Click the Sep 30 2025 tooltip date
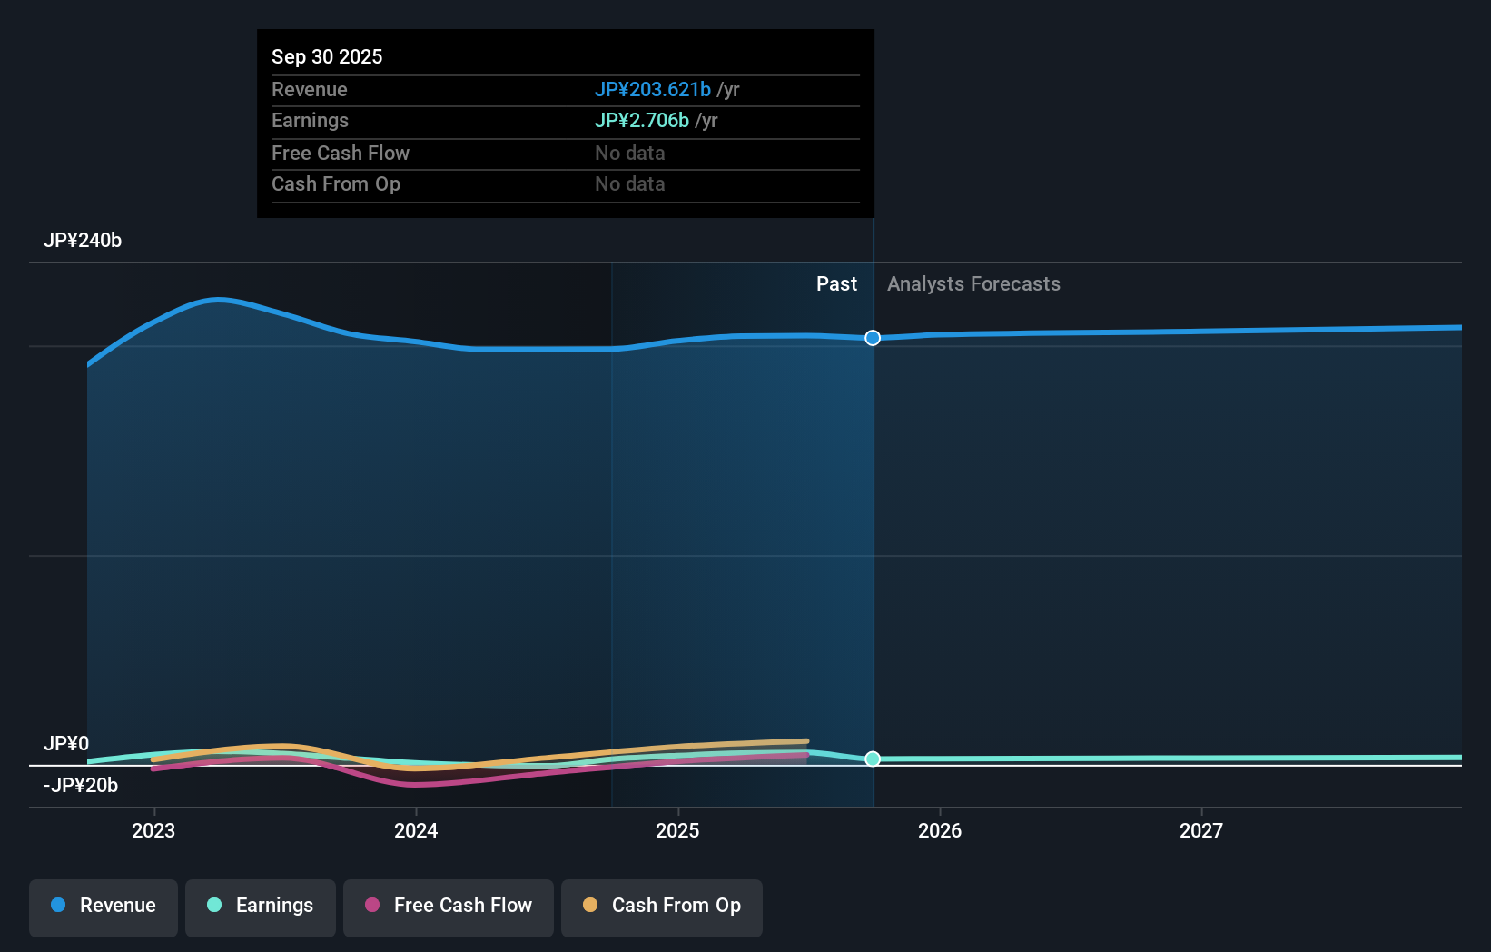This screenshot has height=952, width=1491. tap(327, 56)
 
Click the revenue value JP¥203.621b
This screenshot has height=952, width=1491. tap(652, 89)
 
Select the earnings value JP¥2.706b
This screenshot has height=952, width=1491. tap(641, 120)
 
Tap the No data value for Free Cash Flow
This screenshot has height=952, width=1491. tap(629, 153)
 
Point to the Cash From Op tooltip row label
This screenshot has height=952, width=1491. tap(335, 183)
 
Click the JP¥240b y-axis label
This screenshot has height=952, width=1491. tap(83, 240)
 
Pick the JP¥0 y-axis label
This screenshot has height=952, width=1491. tap(66, 743)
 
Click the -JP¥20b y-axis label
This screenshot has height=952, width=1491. tap(81, 785)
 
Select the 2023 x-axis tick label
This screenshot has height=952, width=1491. tap(153, 830)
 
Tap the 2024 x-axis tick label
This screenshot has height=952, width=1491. tap(416, 830)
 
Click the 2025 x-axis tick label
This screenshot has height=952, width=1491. tap(677, 830)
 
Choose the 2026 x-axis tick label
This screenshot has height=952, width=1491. tap(940, 830)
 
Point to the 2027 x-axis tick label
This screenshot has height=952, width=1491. tap(1201, 830)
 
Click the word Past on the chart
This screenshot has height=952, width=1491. tap(836, 283)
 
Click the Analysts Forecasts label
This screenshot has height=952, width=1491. tap(973, 283)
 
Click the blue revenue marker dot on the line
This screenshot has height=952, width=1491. tap(873, 338)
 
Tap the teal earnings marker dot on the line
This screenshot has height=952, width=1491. tap(873, 759)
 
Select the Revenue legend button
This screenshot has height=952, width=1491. tap(104, 905)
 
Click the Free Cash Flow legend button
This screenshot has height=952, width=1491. tap(449, 905)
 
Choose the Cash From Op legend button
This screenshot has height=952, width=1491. tap(662, 905)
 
